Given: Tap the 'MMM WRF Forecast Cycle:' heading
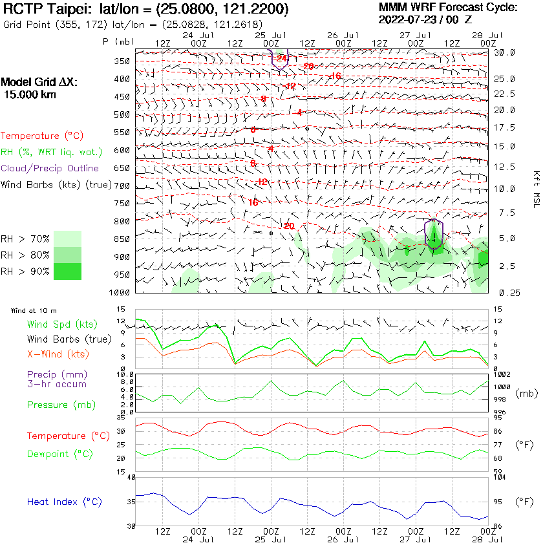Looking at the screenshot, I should pos(448,8).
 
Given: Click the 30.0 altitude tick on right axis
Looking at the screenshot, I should pos(504,52).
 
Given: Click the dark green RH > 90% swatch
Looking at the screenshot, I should pos(67,271).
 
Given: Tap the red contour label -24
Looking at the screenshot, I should pos(281,59).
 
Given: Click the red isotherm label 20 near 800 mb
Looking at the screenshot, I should pos(289,226).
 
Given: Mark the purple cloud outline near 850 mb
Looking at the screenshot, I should pos(434,234).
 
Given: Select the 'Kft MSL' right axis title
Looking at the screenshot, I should pos(535,184).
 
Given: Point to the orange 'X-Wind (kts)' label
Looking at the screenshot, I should pos(58,354).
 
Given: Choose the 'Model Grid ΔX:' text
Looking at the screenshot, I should pos(39,83).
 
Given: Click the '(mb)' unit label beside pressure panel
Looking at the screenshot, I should pos(525,392).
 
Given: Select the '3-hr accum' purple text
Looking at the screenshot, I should pos(56,384).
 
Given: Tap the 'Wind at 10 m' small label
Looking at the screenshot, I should pos(34,311).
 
